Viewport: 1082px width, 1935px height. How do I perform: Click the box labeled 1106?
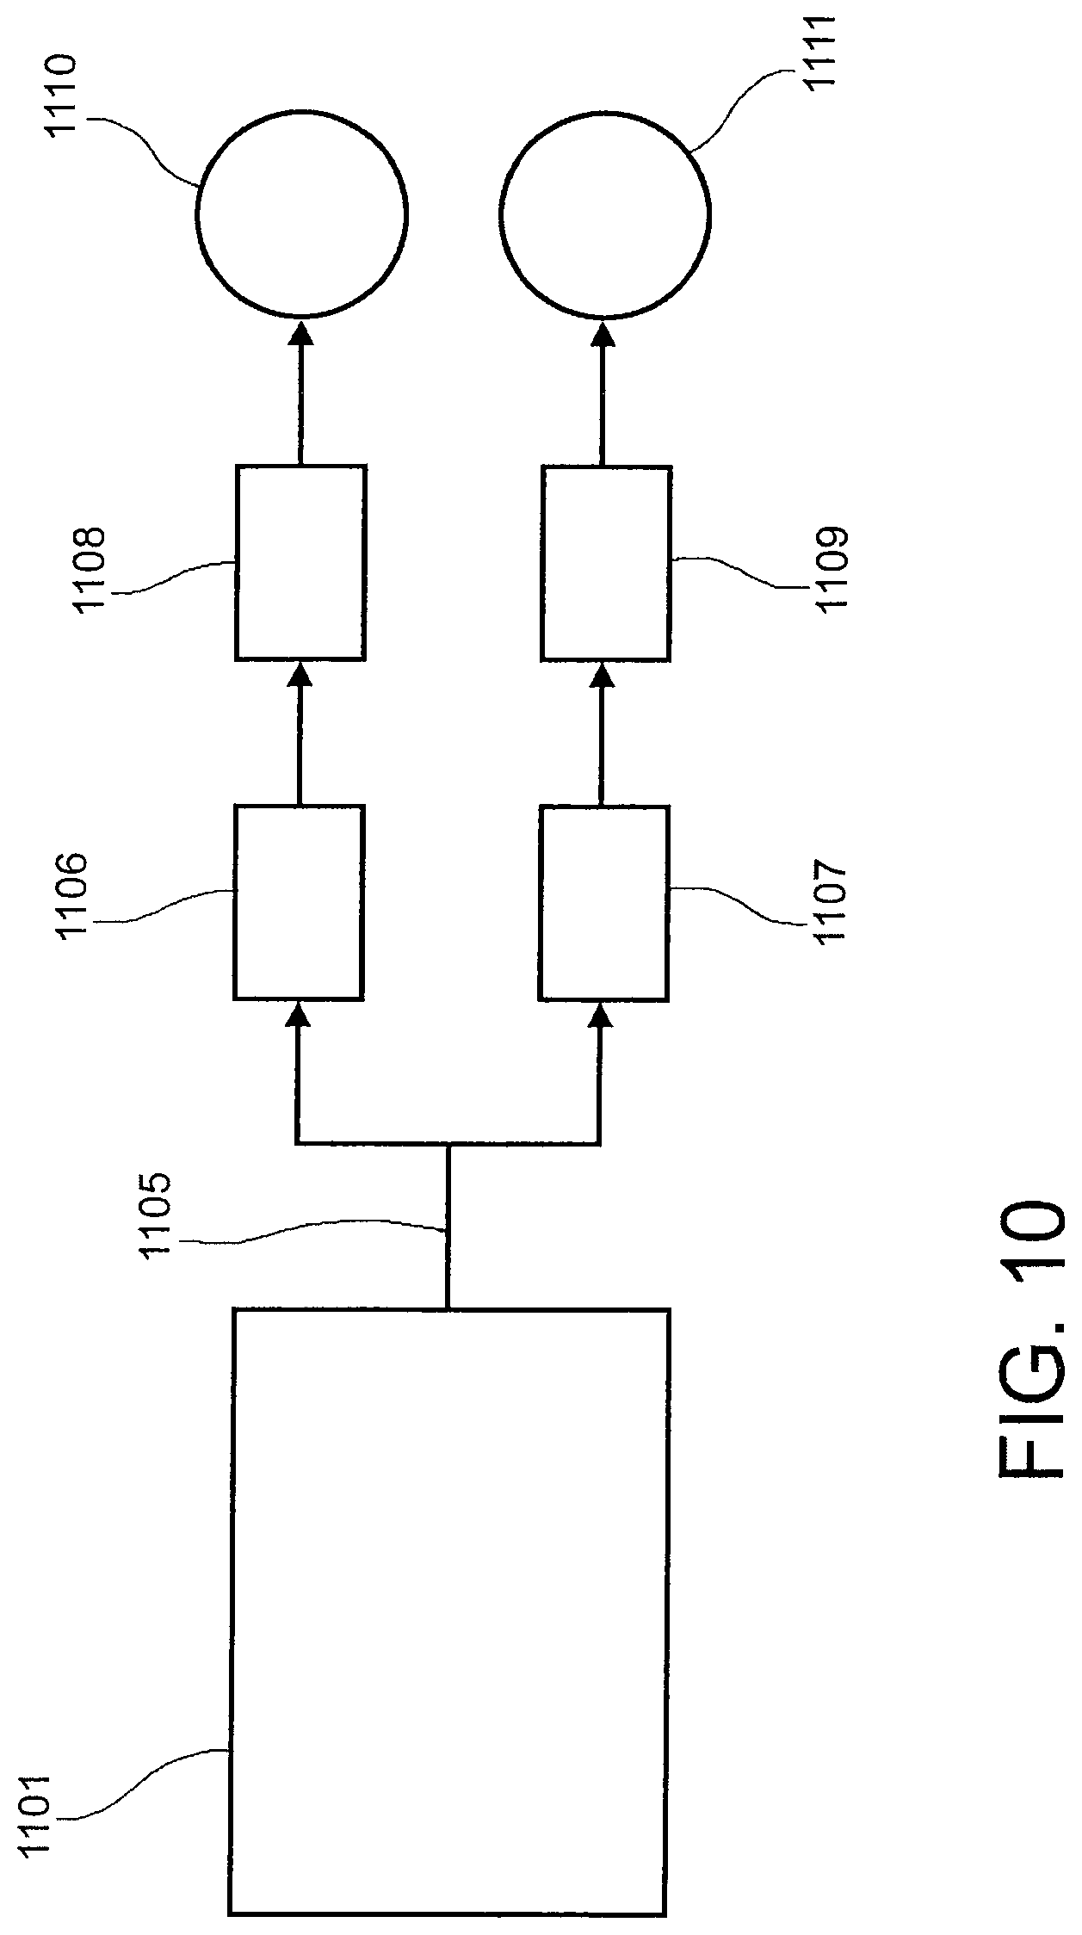299,901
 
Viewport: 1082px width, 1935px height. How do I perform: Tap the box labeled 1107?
603,901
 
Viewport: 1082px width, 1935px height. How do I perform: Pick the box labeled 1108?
300,563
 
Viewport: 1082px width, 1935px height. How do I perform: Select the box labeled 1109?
606,563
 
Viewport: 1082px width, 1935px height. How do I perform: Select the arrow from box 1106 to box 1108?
300,733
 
